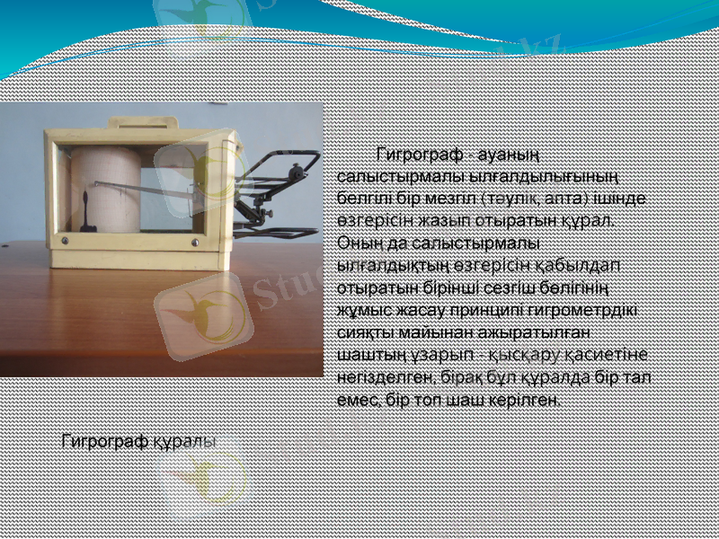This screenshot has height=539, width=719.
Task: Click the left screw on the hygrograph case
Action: [66, 241]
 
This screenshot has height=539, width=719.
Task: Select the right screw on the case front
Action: [194, 243]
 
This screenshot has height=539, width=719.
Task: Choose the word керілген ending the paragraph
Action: [528, 400]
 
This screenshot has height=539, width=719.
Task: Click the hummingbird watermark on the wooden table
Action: [202, 310]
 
